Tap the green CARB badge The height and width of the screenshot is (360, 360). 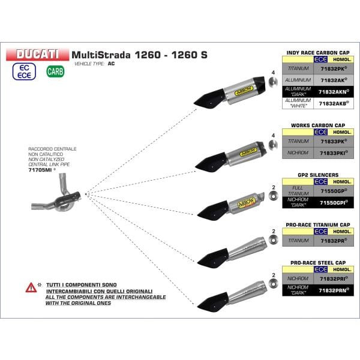pos(53,72)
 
